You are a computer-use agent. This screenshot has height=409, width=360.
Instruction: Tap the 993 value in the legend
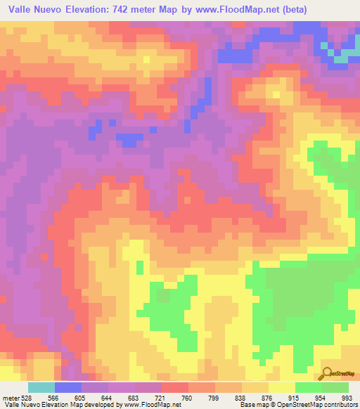[x=347, y=397]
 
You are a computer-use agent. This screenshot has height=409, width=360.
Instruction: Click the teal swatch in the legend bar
[x=41, y=387]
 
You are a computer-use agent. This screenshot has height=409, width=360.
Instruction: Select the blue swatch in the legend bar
[x=68, y=387]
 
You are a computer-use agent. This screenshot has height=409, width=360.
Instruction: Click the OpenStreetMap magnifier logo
[x=326, y=372]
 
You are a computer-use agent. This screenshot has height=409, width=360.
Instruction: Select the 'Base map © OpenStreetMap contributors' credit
[x=296, y=405]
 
